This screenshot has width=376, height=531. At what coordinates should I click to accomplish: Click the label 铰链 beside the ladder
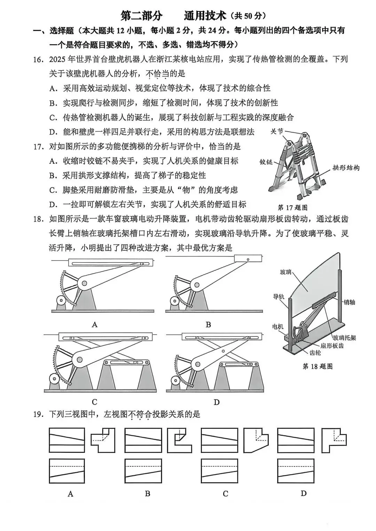point(266,162)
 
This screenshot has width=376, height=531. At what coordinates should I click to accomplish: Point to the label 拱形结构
point(346,168)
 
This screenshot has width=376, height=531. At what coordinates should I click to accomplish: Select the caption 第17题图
point(292,207)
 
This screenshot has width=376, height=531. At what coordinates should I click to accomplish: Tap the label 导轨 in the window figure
point(279,296)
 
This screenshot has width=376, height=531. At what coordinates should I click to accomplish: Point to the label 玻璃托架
point(344,337)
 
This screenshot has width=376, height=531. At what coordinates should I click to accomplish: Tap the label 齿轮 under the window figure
point(315,353)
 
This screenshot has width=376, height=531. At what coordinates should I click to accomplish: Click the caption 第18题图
point(318,366)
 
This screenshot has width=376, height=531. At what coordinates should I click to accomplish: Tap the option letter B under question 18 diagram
point(208,325)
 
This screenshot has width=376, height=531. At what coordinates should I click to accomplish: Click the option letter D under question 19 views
point(304,493)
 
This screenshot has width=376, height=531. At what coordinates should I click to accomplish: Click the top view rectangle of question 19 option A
point(67,471)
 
